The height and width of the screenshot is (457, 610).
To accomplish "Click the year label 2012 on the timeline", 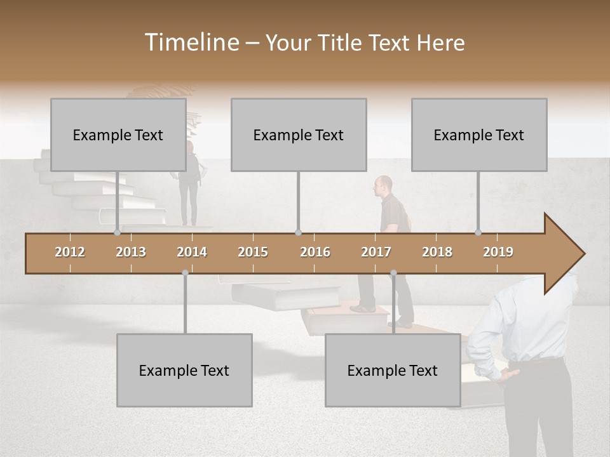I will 70,252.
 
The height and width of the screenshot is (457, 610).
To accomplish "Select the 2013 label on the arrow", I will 131,252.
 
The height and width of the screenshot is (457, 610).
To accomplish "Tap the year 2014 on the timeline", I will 192,252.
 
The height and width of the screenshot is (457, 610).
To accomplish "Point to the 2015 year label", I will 253,252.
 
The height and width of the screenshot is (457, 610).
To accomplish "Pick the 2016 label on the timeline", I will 315,252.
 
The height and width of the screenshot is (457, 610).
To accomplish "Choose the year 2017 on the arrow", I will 376,252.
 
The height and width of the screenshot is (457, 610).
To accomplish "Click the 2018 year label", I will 437,252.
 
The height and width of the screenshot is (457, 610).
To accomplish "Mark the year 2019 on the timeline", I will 498,252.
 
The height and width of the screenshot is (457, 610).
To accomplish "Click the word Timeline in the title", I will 191,43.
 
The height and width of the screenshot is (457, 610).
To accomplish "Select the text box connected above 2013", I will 118,135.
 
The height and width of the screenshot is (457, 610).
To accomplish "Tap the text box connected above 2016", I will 299,135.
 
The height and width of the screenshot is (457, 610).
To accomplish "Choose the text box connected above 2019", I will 479,135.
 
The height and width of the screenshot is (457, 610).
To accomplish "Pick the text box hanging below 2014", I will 184,370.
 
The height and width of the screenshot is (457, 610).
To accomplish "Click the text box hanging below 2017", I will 393,370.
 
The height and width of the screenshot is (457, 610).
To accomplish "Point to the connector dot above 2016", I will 299,232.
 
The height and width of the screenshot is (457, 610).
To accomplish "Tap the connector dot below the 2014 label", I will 185,273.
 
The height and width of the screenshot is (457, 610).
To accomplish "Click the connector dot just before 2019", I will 478,232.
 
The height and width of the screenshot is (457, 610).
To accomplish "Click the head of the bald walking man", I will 383,185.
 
